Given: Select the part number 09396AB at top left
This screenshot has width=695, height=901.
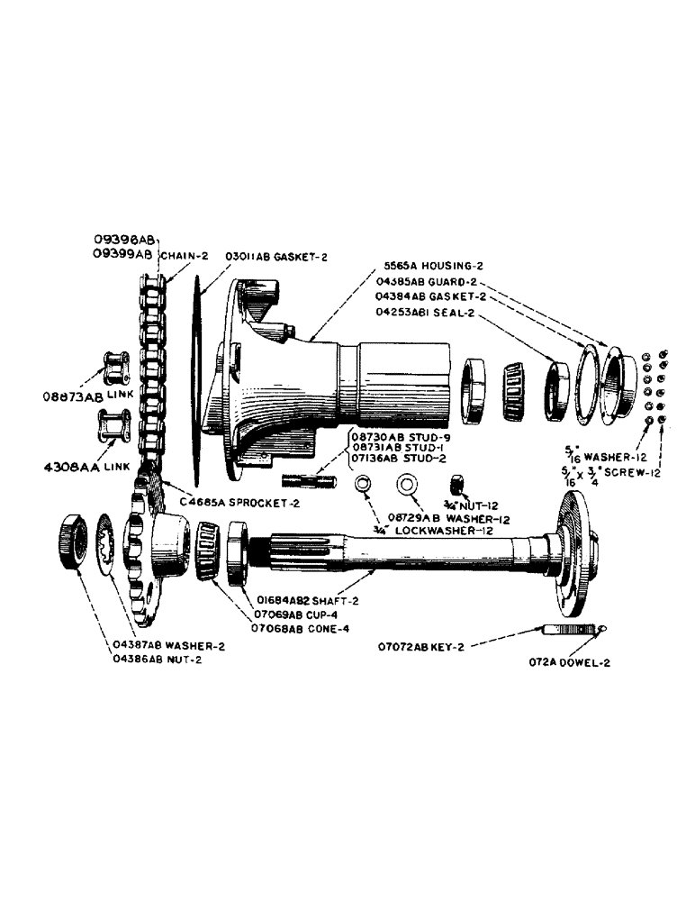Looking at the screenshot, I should point(124,240).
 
